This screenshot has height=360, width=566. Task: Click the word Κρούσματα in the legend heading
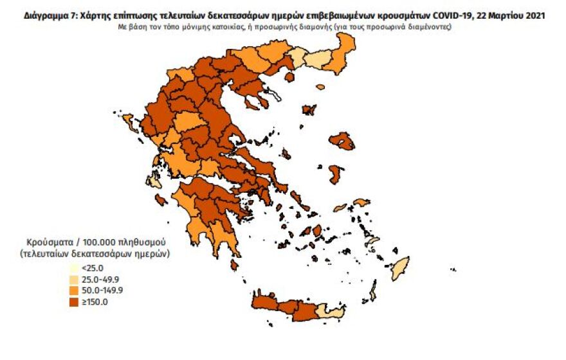click(x=48, y=242)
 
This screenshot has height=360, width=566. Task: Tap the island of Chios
click(x=335, y=174)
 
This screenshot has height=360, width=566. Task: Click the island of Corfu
click(x=127, y=121)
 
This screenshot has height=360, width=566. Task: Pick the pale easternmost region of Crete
click(x=330, y=312)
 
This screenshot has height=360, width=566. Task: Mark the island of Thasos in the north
click(x=288, y=77)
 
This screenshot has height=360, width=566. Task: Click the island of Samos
click(x=361, y=203)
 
